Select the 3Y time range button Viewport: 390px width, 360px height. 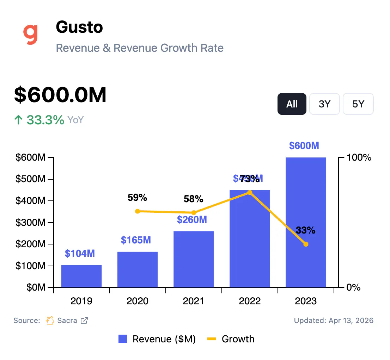(x=324, y=104)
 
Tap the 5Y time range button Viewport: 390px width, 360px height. (x=358, y=104)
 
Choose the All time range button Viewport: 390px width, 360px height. (x=292, y=104)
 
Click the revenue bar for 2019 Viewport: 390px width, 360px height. (x=81, y=276)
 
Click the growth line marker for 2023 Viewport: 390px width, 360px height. (x=306, y=244)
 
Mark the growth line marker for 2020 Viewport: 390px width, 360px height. (x=138, y=211)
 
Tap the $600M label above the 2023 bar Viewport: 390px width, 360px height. (x=304, y=145)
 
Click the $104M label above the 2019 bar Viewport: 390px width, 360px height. (x=80, y=253)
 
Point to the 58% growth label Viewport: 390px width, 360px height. (x=194, y=199)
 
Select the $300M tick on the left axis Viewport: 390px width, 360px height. (x=31, y=223)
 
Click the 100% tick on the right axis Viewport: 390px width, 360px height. (x=359, y=157)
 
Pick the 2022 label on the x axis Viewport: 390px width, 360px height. (x=250, y=302)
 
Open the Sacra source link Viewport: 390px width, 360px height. (x=67, y=321)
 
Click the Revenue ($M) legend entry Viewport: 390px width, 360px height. (x=157, y=339)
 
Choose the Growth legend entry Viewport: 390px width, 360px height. (x=231, y=339)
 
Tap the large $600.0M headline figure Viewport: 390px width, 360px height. (x=60, y=95)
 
